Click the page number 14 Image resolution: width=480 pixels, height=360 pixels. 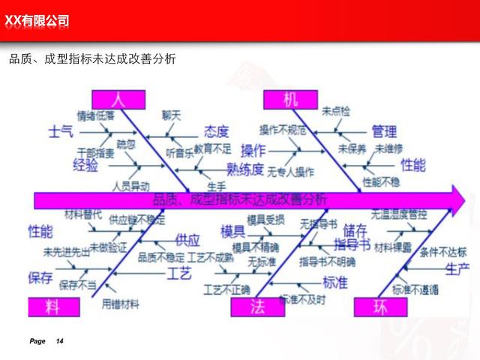pos(60,342)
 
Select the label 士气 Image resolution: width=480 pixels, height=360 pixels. pos(61,132)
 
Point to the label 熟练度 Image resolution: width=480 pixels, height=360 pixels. pos(245,169)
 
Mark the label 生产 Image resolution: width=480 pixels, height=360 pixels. pos(457,268)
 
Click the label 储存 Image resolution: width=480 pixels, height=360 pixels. pos(355,229)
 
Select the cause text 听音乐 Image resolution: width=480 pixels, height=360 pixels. pos(180,152)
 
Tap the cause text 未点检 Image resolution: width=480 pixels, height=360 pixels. pos(336,112)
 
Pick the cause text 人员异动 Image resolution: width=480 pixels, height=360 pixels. pos(130,184)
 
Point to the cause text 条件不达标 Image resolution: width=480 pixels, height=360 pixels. pos(443,252)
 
